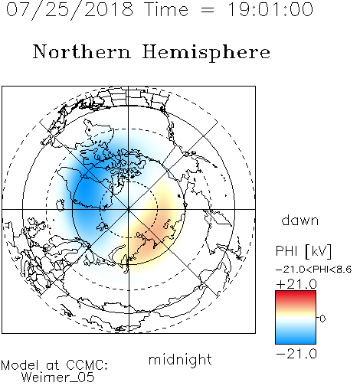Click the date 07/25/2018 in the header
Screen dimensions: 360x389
point(70,10)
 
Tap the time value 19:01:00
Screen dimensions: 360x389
point(270,10)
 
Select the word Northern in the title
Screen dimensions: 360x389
point(82,52)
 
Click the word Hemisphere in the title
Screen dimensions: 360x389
point(206,52)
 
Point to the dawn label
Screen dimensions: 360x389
point(300,221)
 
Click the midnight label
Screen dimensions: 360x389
point(180,360)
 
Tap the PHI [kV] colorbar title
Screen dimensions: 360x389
point(303,251)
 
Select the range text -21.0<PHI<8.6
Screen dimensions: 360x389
point(314,270)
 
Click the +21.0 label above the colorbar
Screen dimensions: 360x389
point(296,284)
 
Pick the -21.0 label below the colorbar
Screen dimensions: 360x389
point(296,354)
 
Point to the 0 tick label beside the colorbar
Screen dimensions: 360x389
point(322,319)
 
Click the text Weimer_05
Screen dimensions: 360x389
point(58,378)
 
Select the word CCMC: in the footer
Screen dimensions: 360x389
point(87,365)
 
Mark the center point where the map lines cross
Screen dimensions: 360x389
point(129,209)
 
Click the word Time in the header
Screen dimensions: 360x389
point(166,10)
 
